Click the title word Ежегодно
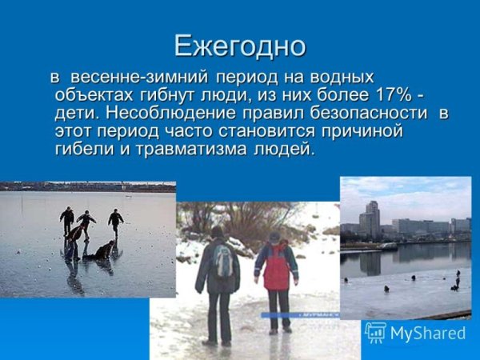coord(240,46)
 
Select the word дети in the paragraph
coord(75,113)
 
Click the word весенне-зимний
coord(139,78)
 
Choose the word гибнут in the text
coord(155,95)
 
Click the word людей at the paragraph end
coord(280,149)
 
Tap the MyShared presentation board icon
coord(375,332)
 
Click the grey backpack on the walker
coord(223,261)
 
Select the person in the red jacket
coord(277,272)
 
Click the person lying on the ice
coord(102,251)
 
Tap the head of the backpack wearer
coord(218,232)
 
